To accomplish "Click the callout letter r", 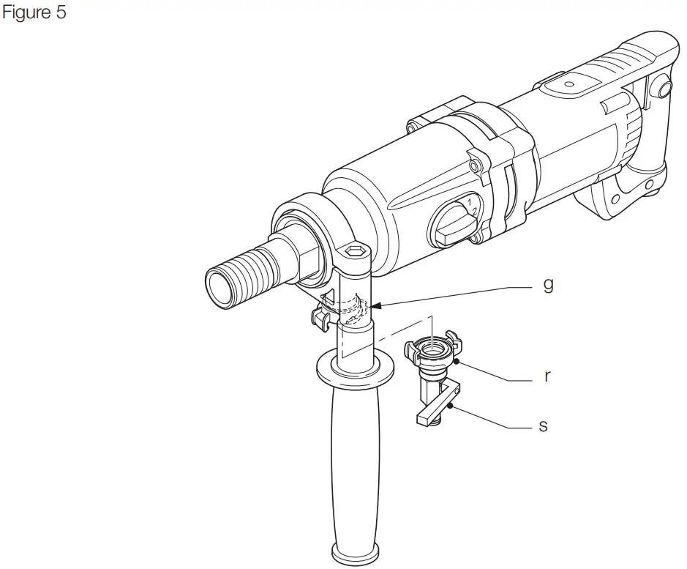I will tap(546, 377).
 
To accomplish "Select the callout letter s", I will tap(543, 424).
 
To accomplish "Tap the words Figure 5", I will tap(34, 13).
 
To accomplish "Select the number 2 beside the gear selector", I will tap(474, 211).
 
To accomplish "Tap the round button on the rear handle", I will tap(663, 89).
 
